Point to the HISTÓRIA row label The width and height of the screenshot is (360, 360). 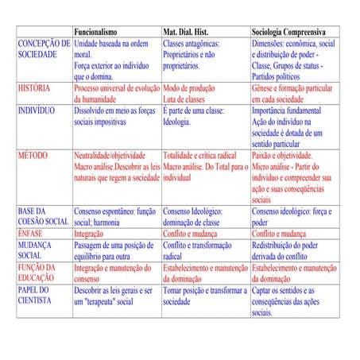click(34, 87)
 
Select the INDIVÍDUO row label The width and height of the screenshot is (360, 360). click(37, 111)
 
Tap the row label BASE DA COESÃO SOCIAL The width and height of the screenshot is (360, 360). click(43, 217)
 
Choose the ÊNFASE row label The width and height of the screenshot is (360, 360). click(32, 235)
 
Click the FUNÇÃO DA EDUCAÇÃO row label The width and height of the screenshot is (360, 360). click(38, 274)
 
